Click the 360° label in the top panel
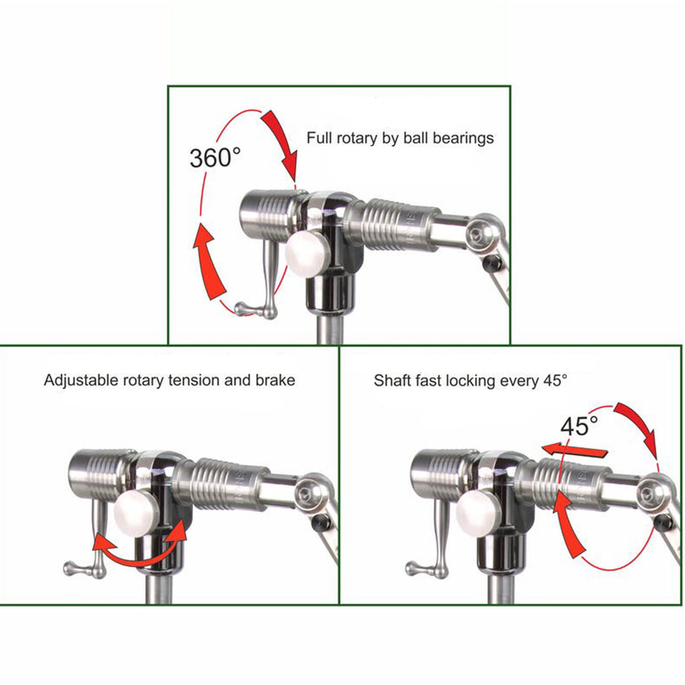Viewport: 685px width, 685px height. pos(215,158)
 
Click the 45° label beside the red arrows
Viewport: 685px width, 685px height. pos(579,427)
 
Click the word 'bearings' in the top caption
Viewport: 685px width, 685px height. pos(463,138)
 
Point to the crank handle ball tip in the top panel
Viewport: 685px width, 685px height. pos(241,308)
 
